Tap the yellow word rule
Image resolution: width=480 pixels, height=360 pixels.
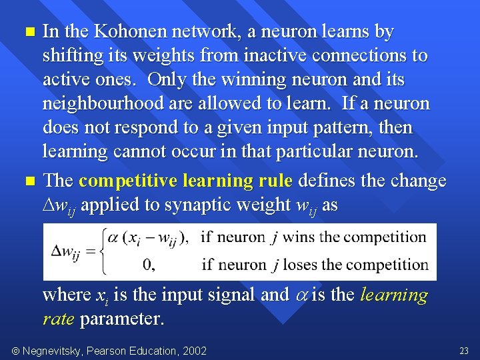(275, 181)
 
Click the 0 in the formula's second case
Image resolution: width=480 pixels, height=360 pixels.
(149, 265)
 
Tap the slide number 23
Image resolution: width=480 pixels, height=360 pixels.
(464, 351)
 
